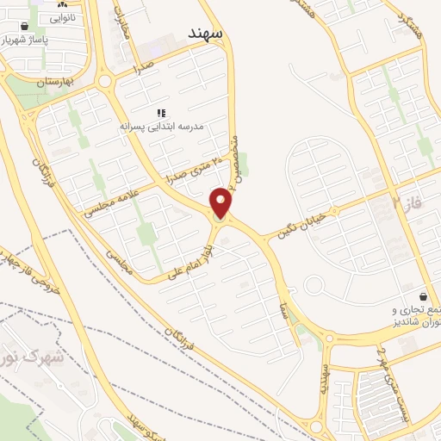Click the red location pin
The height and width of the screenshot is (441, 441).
tap(221, 203)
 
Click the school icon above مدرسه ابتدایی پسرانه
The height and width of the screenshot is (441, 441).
tap(160, 113)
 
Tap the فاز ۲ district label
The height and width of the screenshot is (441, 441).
tap(406, 204)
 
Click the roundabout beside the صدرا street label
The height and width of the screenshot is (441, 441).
tap(107, 82)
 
